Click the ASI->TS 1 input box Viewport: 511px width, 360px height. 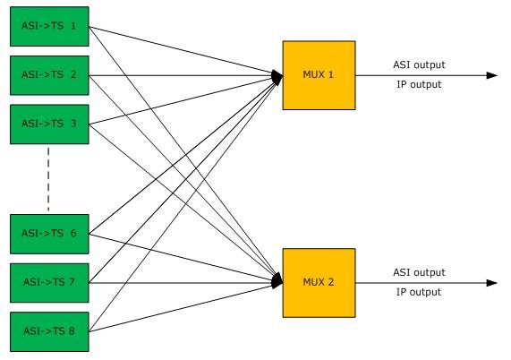pyautogui.click(x=49, y=26)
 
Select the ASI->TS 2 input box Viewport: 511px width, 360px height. pyautogui.click(x=49, y=75)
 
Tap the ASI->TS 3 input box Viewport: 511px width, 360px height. pyautogui.click(x=49, y=124)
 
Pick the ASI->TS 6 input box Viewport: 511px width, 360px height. pyautogui.click(x=49, y=234)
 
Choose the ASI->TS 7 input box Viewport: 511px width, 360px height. pyautogui.click(x=49, y=283)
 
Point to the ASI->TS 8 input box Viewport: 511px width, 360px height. pyautogui.click(x=49, y=332)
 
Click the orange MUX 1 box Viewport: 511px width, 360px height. pyautogui.click(x=319, y=75)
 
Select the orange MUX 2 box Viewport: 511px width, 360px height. pyautogui.click(x=319, y=283)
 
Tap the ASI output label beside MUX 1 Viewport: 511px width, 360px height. pyautogui.click(x=419, y=64)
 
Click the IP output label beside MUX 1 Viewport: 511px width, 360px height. pyautogui.click(x=419, y=84)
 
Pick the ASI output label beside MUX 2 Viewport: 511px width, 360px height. pyautogui.click(x=419, y=272)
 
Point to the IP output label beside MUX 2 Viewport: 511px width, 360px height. pyautogui.click(x=419, y=292)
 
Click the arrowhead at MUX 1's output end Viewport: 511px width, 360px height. pyautogui.click(x=492, y=75)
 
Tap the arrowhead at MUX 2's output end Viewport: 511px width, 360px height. pyautogui.click(x=492, y=283)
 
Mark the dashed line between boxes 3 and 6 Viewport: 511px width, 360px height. pyautogui.click(x=48, y=179)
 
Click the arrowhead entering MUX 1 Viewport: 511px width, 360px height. pyautogui.click(x=277, y=77)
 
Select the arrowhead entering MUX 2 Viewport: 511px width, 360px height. pyautogui.click(x=277, y=281)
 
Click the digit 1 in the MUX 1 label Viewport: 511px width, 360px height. pyautogui.click(x=331, y=74)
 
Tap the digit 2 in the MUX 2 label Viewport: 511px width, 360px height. pyautogui.click(x=331, y=282)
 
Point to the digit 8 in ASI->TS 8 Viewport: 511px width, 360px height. pyautogui.click(x=72, y=331)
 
